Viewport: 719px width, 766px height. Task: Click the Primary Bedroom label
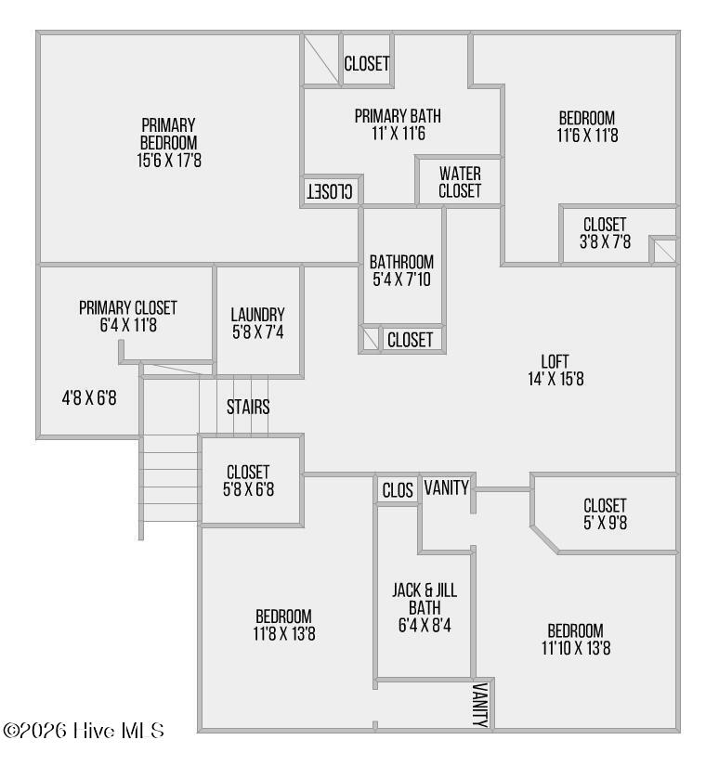click(168, 134)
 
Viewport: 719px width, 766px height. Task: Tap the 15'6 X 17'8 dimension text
click(168, 159)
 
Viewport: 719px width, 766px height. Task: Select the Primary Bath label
click(398, 116)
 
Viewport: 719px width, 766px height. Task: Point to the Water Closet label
click(460, 183)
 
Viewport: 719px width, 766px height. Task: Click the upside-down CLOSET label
click(331, 191)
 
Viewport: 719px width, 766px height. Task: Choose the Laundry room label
click(257, 314)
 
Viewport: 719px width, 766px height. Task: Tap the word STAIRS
click(248, 407)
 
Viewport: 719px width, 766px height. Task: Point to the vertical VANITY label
click(480, 705)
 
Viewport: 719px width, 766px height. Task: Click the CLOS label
click(398, 490)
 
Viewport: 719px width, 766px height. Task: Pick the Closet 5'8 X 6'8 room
click(248, 481)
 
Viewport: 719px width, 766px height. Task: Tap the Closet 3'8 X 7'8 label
click(605, 233)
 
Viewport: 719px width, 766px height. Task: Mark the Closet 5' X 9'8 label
click(605, 513)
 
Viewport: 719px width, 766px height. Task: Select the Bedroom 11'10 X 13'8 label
click(575, 639)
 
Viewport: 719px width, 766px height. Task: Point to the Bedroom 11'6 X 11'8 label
click(586, 126)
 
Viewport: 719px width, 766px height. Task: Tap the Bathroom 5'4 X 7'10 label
click(401, 270)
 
